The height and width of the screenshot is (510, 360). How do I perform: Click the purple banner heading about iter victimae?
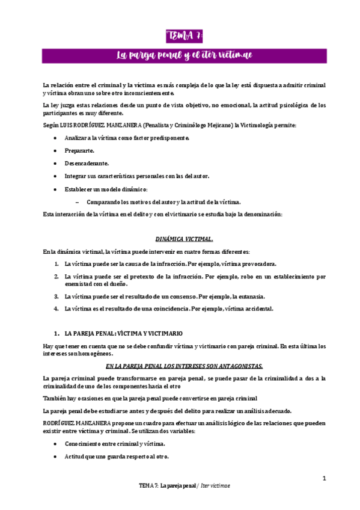[x=184, y=56]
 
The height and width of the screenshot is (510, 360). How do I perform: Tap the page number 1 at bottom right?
[x=324, y=478]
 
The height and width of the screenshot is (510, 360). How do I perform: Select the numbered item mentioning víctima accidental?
[x=169, y=309]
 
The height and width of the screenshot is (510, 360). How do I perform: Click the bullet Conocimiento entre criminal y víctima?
[x=114, y=444]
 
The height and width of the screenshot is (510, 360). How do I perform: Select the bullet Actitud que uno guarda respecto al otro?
[x=117, y=456]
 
